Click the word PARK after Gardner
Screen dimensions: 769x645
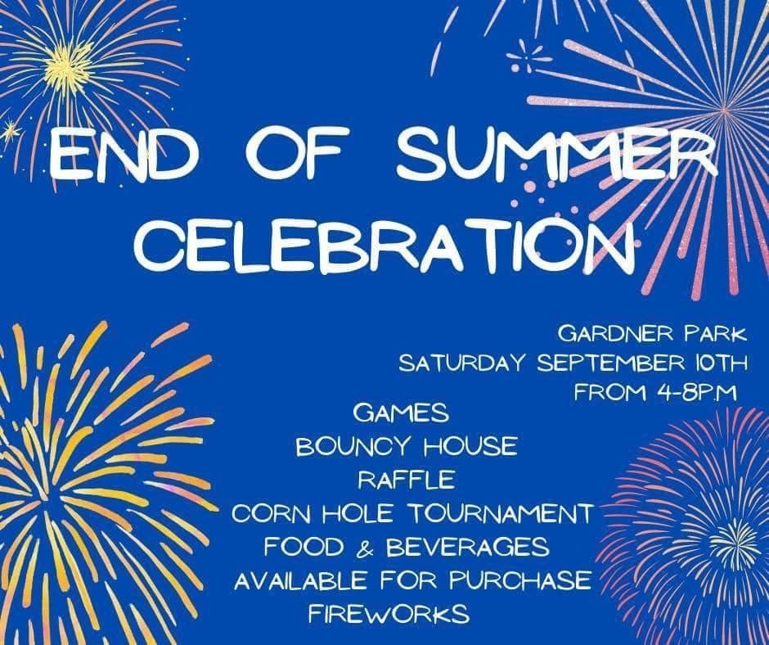coord(716,334)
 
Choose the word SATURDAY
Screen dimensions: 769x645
coord(462,363)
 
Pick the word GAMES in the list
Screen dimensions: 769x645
coord(401,413)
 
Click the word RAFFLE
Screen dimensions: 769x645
coord(406,480)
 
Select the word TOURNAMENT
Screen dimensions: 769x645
coord(500,514)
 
